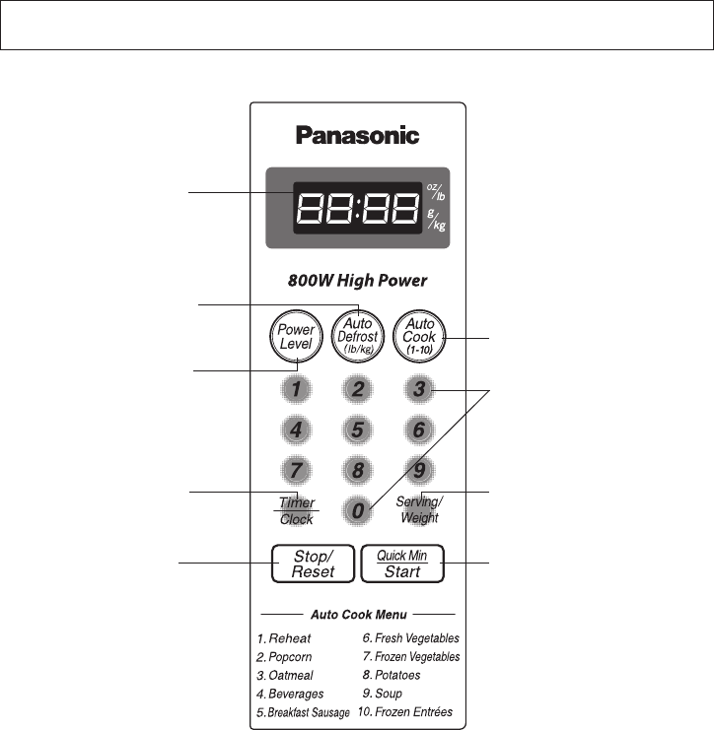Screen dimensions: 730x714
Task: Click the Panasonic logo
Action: pos(357,136)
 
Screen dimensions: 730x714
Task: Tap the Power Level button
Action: pos(295,338)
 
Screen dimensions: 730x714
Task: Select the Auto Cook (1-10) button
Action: pos(420,336)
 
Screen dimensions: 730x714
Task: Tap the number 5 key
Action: pos(358,429)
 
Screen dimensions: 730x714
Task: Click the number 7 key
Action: pos(295,469)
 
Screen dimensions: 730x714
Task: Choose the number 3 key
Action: pos(419,389)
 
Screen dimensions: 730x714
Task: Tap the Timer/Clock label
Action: pos(296,511)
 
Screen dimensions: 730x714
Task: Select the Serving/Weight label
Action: pos(420,509)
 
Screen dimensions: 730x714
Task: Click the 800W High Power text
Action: pos(357,282)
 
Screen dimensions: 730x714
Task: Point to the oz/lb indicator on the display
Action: pos(434,192)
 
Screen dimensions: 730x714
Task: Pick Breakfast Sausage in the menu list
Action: pos(303,712)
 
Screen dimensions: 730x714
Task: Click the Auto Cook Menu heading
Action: pos(359,614)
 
